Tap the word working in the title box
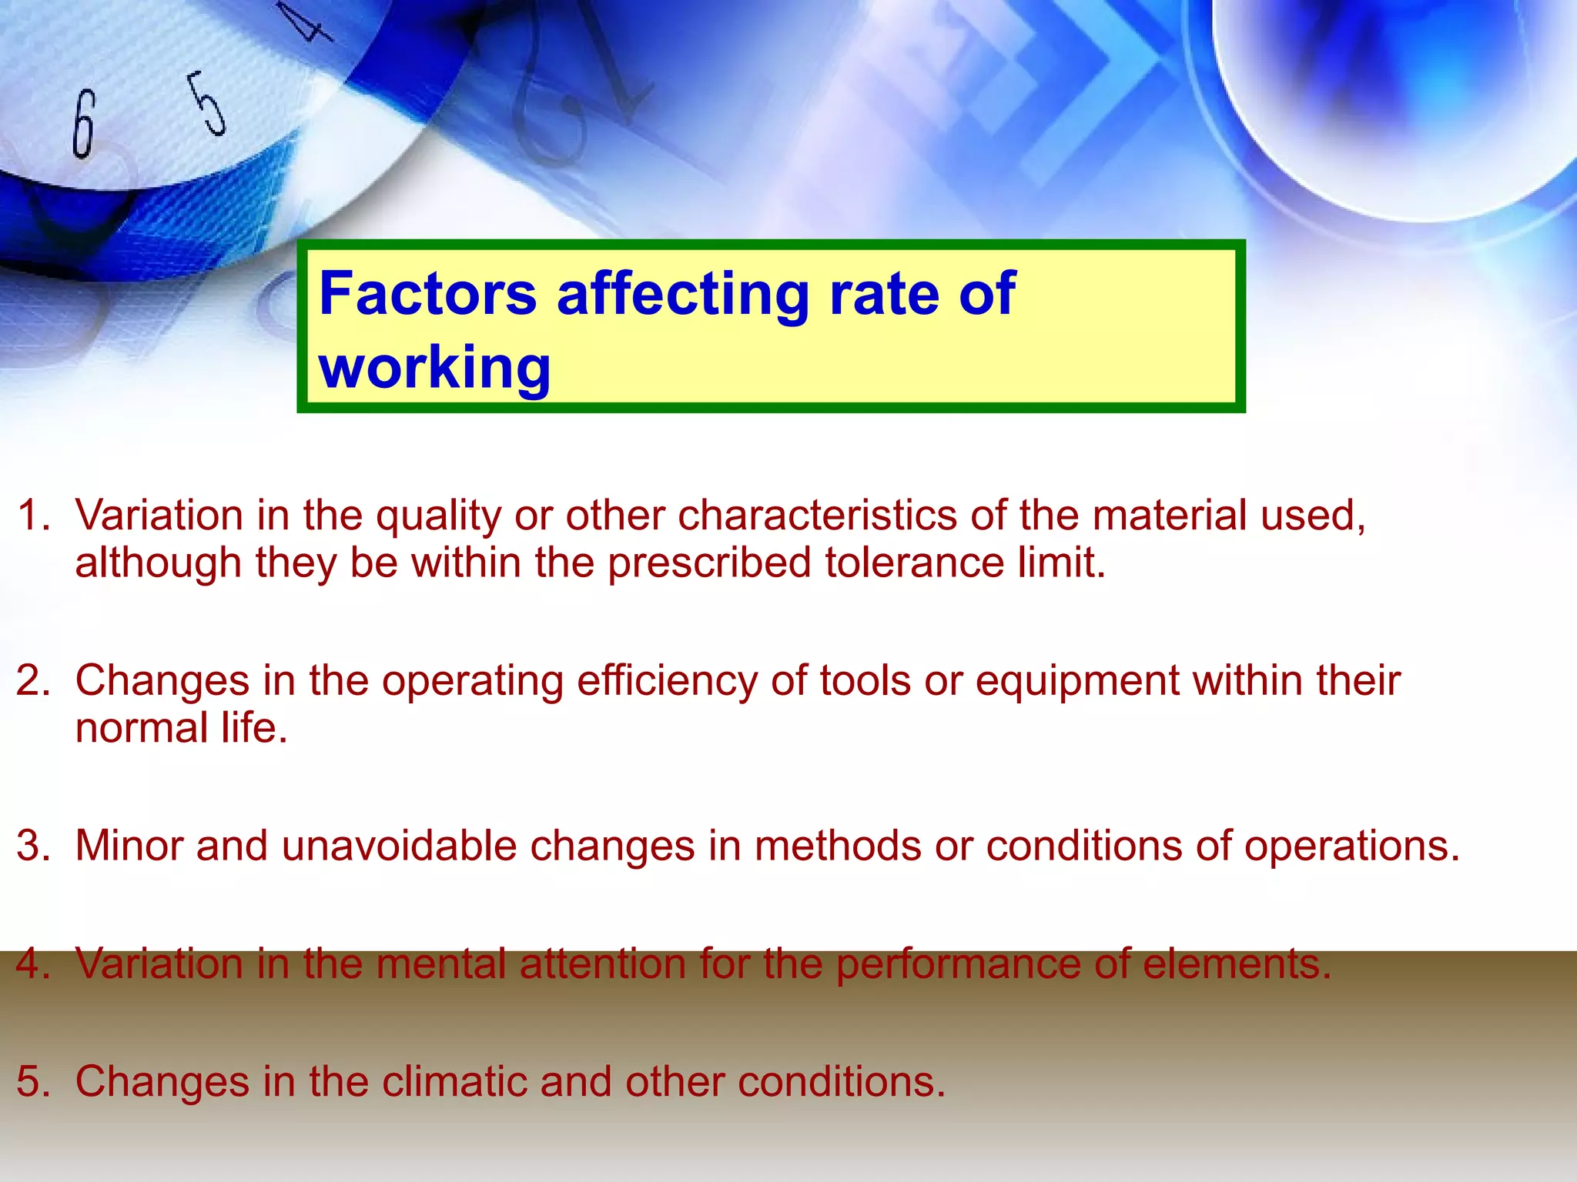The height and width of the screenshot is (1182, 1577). point(435,368)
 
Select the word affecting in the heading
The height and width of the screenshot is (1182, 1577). point(682,295)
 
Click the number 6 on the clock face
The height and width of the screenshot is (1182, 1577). point(83,123)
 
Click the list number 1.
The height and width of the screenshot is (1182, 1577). point(32,515)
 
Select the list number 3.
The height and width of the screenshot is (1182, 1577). point(32,846)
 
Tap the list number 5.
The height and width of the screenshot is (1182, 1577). point(32,1081)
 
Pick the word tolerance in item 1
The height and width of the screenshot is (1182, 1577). point(914,563)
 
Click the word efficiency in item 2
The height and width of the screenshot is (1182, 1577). point(667,681)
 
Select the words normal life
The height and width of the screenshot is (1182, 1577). point(181,728)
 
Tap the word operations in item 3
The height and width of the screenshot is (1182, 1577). point(1351,846)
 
